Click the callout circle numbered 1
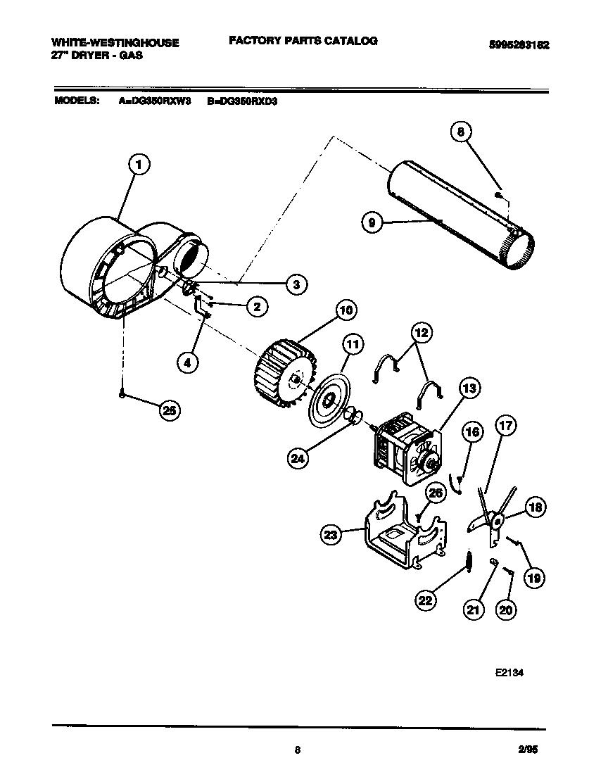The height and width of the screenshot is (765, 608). tap(139, 165)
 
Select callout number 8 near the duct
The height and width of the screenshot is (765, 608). tap(460, 132)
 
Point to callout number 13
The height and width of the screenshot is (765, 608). tap(469, 388)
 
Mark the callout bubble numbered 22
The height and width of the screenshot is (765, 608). tap(426, 600)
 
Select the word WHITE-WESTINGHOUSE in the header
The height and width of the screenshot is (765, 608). tap(116, 43)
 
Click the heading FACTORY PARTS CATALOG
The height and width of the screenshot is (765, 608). tap(303, 41)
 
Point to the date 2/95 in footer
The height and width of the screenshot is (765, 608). tap(537, 750)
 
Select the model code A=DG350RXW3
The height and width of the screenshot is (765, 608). tap(155, 101)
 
